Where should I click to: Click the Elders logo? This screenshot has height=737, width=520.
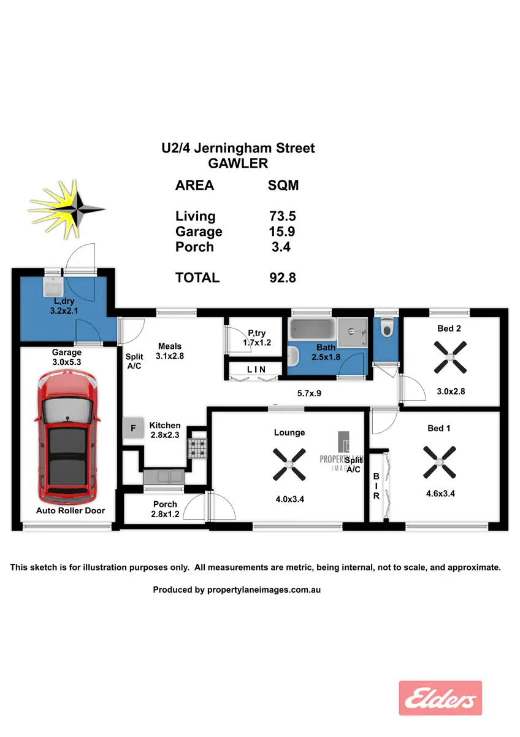pyautogui.click(x=440, y=698)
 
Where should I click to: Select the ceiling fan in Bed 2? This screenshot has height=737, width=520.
pyautogui.click(x=449, y=358)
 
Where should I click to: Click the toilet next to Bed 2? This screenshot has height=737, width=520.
pyautogui.click(x=386, y=330)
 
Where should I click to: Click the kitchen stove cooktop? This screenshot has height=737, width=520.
pyautogui.click(x=197, y=448)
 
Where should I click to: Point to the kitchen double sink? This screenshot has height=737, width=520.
pyautogui.click(x=163, y=475)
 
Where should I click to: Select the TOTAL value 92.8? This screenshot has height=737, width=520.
pyautogui.click(x=282, y=278)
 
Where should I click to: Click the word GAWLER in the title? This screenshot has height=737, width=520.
pyautogui.click(x=239, y=163)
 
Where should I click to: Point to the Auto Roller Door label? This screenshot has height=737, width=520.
pyautogui.click(x=70, y=510)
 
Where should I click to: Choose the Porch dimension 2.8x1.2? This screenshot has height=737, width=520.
pyautogui.click(x=165, y=515)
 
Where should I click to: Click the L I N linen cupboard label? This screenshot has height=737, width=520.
pyautogui.click(x=256, y=369)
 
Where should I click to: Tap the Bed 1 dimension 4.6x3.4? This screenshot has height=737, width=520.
pyautogui.click(x=440, y=493)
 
